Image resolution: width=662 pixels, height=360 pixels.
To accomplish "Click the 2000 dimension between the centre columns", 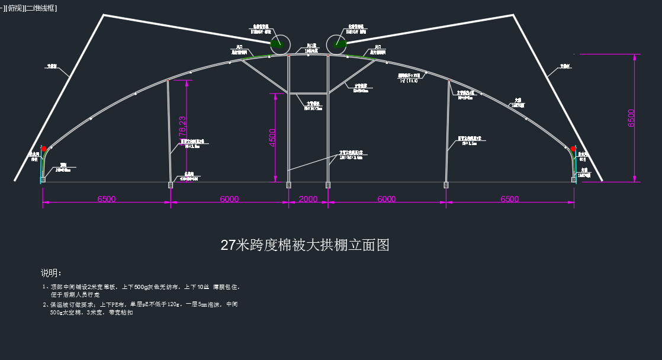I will click(x=308, y=199).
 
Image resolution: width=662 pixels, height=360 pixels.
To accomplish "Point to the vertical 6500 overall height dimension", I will click(x=631, y=118).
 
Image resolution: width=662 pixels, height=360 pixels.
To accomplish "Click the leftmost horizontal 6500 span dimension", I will click(x=107, y=199).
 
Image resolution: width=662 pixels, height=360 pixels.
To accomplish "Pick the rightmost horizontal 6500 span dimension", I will click(x=510, y=199).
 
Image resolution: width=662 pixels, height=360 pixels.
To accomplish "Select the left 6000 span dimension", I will click(x=229, y=199).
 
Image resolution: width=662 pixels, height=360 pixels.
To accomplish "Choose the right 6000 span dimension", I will click(x=387, y=199).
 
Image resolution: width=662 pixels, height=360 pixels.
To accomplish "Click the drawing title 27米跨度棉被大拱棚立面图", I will click(x=305, y=245).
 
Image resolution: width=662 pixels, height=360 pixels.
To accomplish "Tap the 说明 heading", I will click(x=51, y=273).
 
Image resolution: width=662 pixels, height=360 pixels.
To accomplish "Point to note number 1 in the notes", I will click(x=44, y=287).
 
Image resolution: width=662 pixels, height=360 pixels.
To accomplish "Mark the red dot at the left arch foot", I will click(x=43, y=149).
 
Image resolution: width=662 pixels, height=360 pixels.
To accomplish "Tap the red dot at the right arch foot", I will click(x=573, y=149).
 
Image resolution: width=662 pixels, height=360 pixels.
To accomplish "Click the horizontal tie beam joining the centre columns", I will click(x=308, y=93).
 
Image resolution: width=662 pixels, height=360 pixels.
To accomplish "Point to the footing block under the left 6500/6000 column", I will click(x=171, y=185).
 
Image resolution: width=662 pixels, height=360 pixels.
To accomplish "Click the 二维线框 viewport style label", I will click(x=40, y=8).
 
